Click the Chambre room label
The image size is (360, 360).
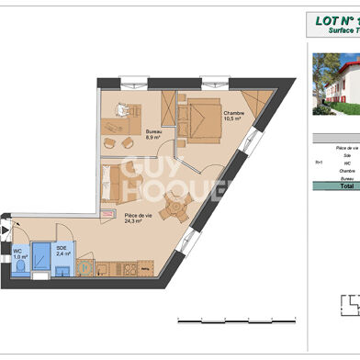[233, 112]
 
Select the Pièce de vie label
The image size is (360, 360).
[139, 216]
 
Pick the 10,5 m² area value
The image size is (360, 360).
[234, 118]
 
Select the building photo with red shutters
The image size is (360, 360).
[335, 88]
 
